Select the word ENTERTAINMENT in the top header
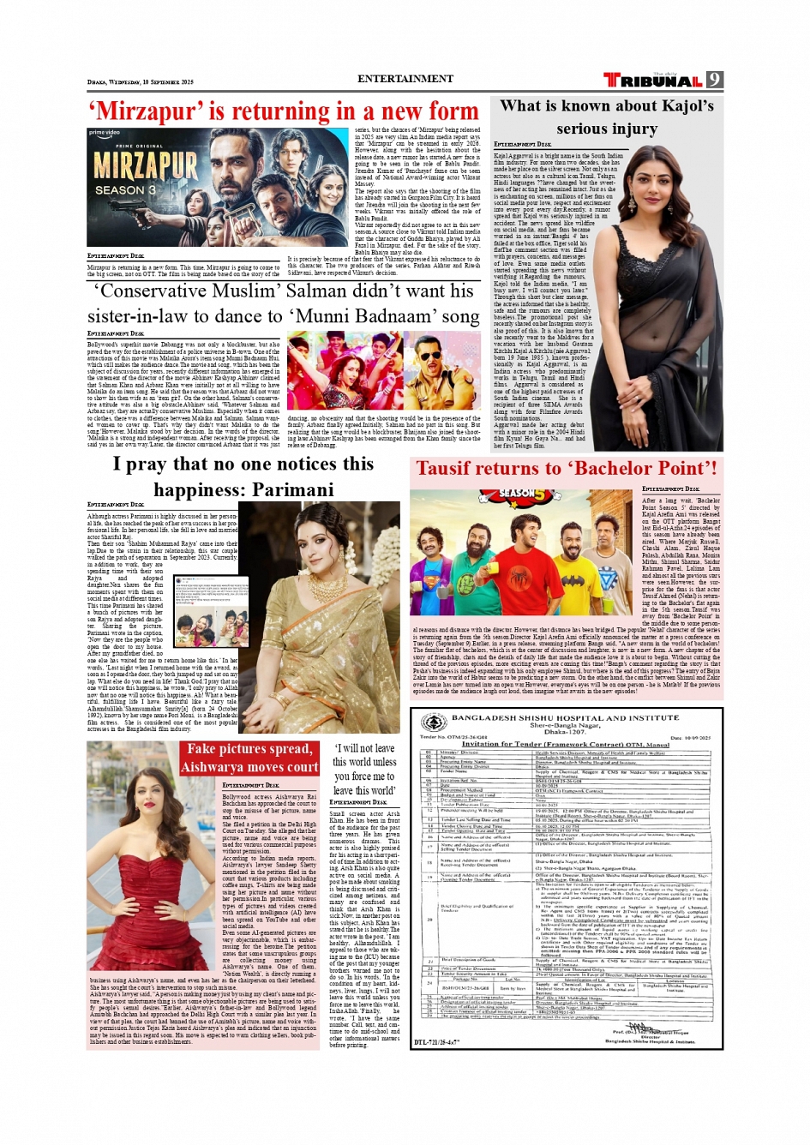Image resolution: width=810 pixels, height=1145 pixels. pos(405,79)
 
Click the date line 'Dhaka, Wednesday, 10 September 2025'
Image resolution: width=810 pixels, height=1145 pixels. pos(141,82)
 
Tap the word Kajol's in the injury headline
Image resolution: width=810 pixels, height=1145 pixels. pos(681,106)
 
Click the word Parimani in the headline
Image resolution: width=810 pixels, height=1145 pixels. pos(285,489)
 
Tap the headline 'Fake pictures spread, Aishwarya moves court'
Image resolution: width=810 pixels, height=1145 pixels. pos(249,758)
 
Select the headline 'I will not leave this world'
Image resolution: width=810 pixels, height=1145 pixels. pos(364,769)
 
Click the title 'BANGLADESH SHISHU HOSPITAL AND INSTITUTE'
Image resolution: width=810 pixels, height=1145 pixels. pos(565,717)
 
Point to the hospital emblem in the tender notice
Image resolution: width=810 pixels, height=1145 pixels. pos(435,723)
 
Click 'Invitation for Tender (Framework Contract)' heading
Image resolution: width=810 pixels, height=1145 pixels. pos(566,744)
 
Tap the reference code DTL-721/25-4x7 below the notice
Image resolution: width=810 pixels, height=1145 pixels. pos(437,1042)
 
